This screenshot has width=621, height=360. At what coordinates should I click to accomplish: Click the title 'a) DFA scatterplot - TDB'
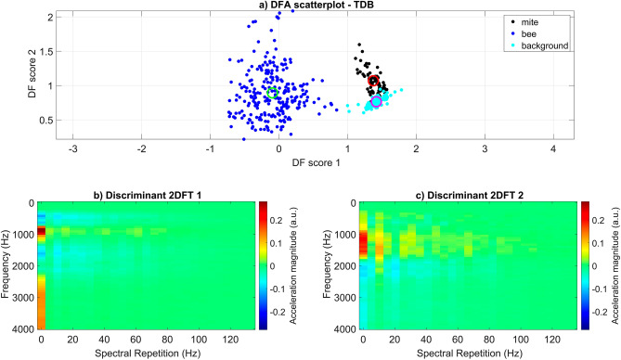point(311,6)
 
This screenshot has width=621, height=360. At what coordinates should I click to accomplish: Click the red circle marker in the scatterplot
point(374,82)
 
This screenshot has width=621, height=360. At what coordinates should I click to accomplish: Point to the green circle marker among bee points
point(272,92)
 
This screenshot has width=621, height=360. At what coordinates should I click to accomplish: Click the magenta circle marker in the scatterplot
point(376,101)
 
